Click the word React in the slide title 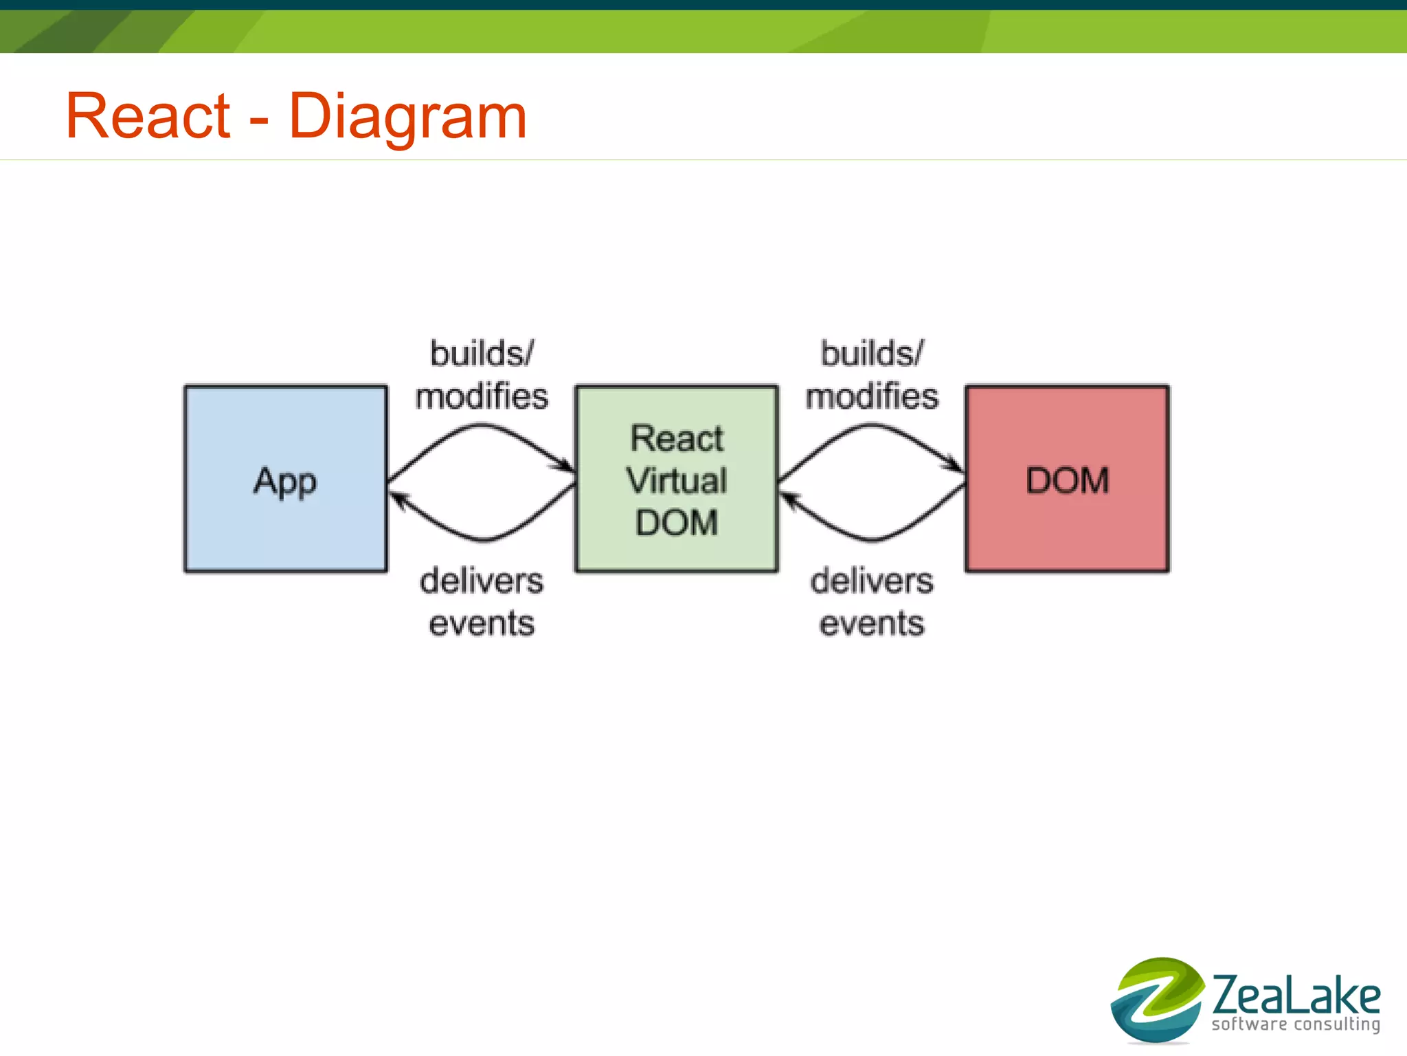148,116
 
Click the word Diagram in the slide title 407,117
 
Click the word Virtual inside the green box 677,480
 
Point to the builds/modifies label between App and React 482,374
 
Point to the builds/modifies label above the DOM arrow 872,374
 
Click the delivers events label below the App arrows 482,602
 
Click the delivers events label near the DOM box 872,602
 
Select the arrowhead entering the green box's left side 566,467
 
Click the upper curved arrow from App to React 482,427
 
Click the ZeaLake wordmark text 1295,996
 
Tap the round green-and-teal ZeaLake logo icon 1157,1000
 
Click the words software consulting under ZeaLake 1295,1024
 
